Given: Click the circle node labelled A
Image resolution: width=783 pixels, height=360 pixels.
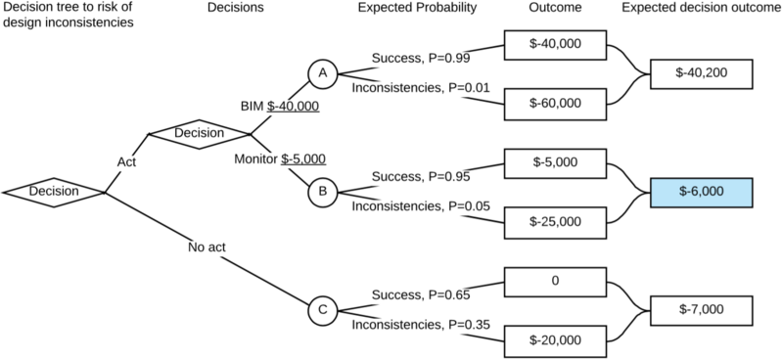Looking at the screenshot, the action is click(x=323, y=74).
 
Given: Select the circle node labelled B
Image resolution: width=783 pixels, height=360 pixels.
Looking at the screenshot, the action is click(x=323, y=193).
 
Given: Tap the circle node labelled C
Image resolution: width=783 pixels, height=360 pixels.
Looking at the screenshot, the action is click(x=323, y=310).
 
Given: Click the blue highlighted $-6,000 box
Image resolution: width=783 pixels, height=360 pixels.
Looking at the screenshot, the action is click(x=701, y=193).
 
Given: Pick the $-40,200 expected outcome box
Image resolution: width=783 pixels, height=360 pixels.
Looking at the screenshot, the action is click(x=701, y=74).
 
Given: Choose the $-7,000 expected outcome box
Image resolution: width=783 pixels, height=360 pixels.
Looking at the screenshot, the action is click(x=701, y=310).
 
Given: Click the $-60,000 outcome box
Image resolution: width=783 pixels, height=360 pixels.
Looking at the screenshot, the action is click(x=555, y=104).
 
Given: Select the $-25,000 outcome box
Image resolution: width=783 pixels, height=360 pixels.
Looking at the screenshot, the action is click(x=555, y=222).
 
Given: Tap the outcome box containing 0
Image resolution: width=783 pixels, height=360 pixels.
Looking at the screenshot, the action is click(x=555, y=282).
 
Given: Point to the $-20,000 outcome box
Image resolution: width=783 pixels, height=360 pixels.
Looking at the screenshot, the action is click(x=555, y=341).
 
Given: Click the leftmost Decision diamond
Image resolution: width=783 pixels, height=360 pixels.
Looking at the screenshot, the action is click(x=54, y=193).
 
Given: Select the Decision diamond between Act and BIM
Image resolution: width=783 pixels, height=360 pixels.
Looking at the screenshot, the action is click(x=200, y=134).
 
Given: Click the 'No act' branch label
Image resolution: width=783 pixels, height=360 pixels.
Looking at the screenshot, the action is click(x=207, y=247).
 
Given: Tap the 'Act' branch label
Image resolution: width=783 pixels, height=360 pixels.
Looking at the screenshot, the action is click(x=126, y=162).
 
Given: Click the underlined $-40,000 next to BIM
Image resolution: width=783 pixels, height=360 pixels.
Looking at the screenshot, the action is click(x=293, y=107).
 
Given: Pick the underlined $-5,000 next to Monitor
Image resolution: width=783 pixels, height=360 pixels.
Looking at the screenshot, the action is click(x=303, y=159).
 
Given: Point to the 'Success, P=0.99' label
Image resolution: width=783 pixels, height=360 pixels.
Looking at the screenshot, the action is click(x=421, y=59).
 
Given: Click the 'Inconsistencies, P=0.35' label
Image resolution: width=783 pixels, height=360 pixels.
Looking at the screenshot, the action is click(x=421, y=325).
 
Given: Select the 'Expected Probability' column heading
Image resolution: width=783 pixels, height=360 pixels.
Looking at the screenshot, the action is click(x=418, y=9).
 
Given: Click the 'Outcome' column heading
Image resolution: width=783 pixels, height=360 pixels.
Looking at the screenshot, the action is click(x=555, y=8).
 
